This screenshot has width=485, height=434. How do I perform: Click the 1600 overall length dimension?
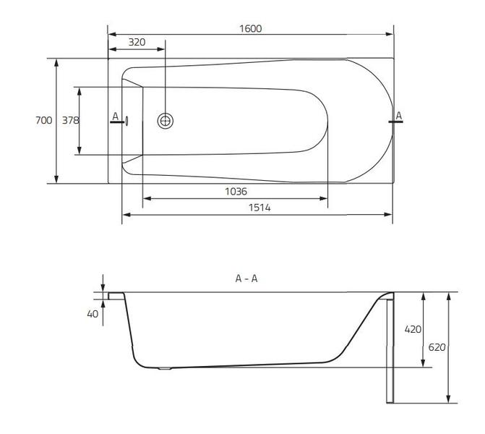(x=251, y=28)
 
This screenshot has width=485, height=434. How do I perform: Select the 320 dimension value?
(x=137, y=42)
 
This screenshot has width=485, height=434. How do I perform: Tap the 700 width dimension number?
(x=43, y=121)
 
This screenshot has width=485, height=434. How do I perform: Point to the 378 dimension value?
(x=70, y=121)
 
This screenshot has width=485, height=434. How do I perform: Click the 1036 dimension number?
(x=236, y=192)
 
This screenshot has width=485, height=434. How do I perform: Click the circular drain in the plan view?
(x=166, y=121)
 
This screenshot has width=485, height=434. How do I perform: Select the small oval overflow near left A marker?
(x=126, y=121)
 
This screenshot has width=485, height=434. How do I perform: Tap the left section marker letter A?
(x=115, y=116)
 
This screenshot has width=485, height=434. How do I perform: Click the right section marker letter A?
(x=398, y=116)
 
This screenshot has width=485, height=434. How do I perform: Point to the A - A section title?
(x=246, y=278)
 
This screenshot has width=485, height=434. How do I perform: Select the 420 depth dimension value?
(x=412, y=329)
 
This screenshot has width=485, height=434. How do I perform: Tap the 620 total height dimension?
(x=437, y=347)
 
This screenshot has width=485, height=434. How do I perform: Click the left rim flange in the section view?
(x=116, y=296)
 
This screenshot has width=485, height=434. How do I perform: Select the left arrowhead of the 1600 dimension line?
(x=111, y=33)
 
